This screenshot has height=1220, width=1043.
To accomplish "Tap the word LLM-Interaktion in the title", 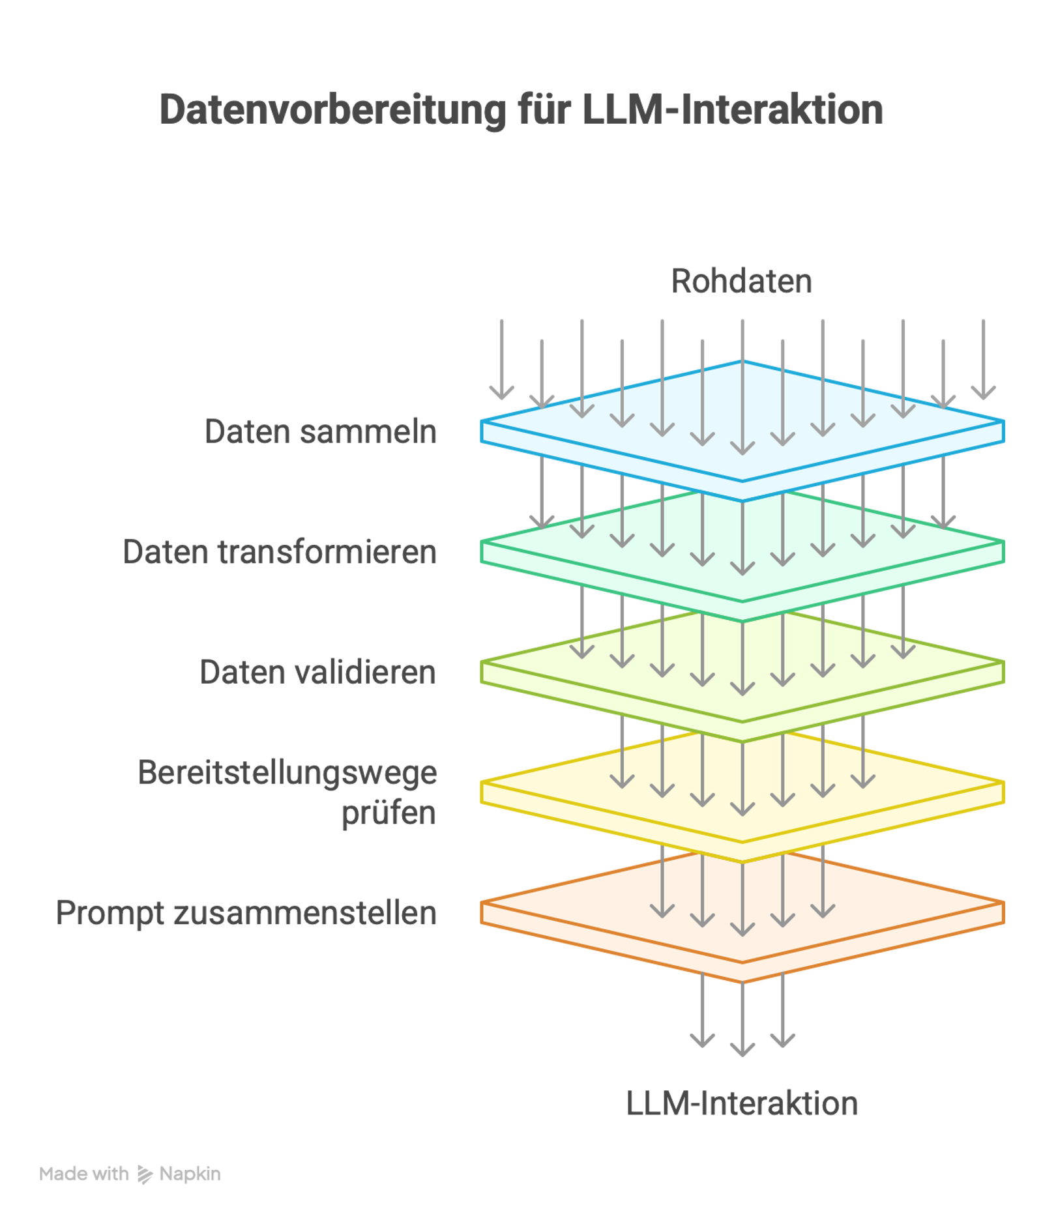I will (731, 109).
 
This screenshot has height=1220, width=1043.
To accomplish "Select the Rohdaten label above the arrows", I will (742, 282).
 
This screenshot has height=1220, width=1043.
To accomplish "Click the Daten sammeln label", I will (320, 431).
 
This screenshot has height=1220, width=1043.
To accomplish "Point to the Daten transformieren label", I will (280, 552).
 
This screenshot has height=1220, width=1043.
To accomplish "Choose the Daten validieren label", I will (317, 673).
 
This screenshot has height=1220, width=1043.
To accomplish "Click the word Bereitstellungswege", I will (287, 774).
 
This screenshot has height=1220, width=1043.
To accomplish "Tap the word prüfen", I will (389, 813).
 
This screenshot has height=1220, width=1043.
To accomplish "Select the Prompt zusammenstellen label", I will (246, 913).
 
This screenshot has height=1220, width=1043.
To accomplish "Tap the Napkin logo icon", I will (144, 1174).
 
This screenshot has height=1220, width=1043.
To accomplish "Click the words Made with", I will (83, 1174).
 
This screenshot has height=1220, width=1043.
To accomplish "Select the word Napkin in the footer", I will (190, 1174).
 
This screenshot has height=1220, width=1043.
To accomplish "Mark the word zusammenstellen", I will (304, 913).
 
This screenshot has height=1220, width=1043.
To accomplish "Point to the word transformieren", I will (327, 552).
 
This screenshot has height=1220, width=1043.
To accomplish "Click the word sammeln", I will (368, 431).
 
